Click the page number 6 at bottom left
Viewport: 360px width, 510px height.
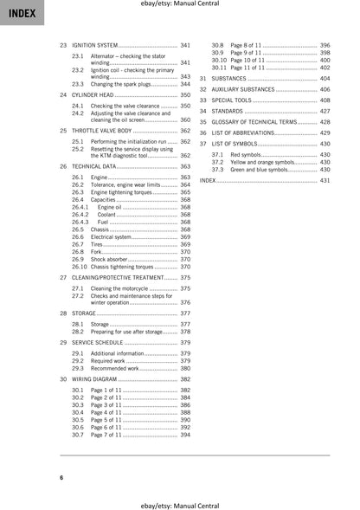click(x=61, y=477)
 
